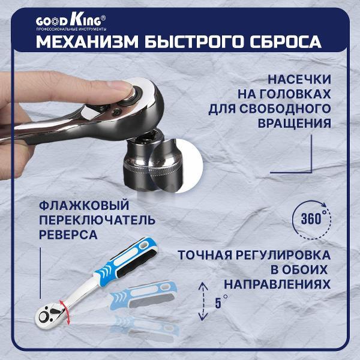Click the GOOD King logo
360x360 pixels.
point(71,19)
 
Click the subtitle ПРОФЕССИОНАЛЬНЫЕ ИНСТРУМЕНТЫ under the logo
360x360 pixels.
point(71,29)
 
